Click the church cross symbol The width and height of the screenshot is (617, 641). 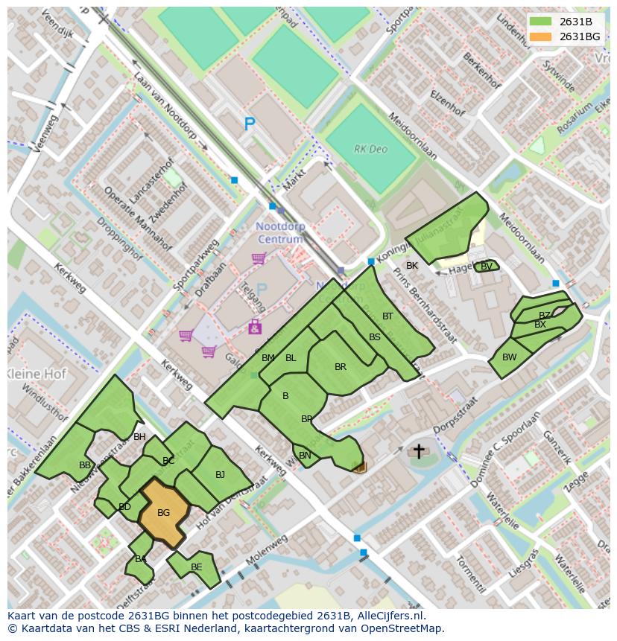pos(419,451)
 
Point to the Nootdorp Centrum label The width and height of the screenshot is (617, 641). pos(280,232)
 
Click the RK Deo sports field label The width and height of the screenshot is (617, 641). pos(370,149)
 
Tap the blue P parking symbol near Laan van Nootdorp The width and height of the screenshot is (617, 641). pos(250,125)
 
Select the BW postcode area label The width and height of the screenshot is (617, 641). pos(509,357)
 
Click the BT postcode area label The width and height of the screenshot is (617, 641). pos(387,316)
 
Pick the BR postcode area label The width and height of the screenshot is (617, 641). pos(341,367)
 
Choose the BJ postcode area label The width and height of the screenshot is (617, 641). pos(220,474)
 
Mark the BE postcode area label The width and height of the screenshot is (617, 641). pos(196,567)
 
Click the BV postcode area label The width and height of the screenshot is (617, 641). pos(486,266)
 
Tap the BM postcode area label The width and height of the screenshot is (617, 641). pos(268,358)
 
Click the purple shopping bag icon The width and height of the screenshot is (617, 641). pos(255,326)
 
